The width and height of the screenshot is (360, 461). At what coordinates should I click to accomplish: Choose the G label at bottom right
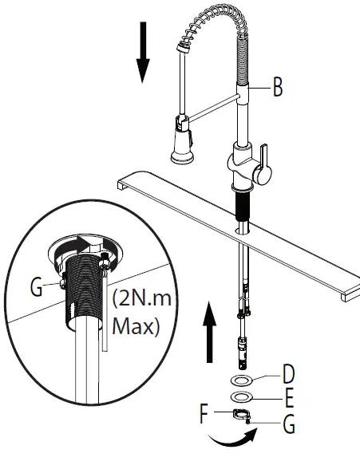click(289, 424)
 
